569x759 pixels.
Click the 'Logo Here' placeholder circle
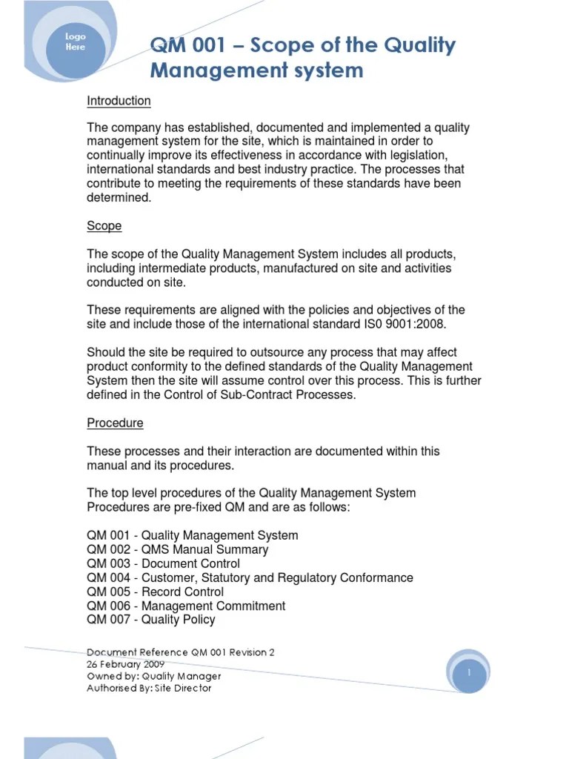point(75,42)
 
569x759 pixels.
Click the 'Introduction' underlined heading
point(119,101)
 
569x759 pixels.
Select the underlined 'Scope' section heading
point(104,226)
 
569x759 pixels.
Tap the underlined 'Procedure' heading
point(115,423)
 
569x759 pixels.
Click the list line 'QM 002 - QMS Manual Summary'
point(178,549)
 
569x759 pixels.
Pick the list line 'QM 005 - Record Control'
point(155,591)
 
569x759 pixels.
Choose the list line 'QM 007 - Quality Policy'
point(151,620)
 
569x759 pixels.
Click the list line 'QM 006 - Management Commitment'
point(186,606)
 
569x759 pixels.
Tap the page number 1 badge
point(468,672)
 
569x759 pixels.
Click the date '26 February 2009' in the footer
point(126,664)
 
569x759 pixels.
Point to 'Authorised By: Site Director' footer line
point(149,688)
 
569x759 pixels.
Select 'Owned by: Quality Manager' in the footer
point(154,676)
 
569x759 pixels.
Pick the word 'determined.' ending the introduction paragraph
point(119,198)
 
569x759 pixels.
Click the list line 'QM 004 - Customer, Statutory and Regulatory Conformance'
point(250,577)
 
